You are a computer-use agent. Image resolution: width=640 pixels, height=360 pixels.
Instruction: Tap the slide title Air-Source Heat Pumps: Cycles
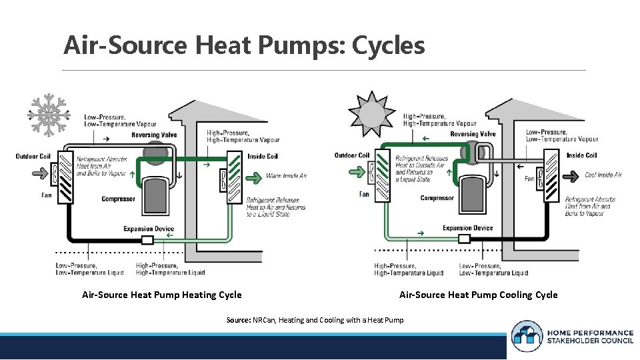click(244, 46)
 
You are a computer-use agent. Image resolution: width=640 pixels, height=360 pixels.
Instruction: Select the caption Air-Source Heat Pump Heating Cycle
click(162, 295)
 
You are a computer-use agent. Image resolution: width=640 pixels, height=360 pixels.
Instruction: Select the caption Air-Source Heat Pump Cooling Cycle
click(478, 295)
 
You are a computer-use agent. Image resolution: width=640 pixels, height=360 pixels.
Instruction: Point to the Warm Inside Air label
click(287, 176)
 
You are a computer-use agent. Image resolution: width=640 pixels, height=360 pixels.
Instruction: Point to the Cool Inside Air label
click(603, 175)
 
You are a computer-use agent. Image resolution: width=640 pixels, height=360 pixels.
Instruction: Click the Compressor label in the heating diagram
click(118, 199)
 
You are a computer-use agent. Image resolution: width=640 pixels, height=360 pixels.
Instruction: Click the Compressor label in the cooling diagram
click(437, 198)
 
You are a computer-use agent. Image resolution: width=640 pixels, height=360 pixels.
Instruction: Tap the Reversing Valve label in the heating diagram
click(154, 135)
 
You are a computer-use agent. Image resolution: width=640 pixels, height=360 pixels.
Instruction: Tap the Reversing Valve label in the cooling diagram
click(473, 134)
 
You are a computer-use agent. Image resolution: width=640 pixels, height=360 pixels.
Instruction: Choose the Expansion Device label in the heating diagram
click(149, 229)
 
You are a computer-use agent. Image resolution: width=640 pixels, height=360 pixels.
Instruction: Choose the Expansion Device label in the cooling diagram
click(467, 228)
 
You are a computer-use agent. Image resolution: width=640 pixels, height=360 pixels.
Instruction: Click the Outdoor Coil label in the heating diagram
click(33, 157)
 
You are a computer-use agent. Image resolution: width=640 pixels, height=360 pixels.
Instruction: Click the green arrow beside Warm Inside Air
click(254, 177)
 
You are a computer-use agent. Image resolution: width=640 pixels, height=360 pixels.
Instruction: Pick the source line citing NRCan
click(315, 320)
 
